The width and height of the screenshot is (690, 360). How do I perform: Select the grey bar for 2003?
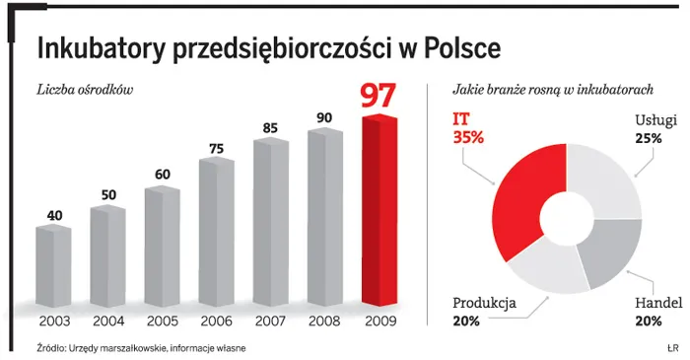53,265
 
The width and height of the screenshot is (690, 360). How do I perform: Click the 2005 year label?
162,321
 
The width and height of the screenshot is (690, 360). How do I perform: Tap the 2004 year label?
107,321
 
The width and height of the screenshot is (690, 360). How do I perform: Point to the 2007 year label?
270,321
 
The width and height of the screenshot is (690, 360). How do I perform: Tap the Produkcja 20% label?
484,311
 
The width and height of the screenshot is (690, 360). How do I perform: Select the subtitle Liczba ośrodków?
84,90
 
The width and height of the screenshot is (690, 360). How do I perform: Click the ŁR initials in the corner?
672,348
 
